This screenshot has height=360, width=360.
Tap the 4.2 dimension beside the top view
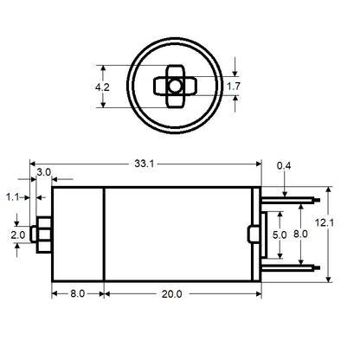coord(102,87)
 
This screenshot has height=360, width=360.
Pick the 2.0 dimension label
coord(16,235)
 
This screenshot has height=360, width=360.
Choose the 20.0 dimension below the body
coord(171,294)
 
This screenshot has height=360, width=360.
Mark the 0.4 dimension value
coord(282,165)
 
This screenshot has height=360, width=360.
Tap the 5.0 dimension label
coord(280,235)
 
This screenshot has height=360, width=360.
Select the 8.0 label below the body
coord(76,294)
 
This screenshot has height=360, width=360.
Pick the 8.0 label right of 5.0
coord(299,235)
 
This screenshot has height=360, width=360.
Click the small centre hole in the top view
coord(175,86)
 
